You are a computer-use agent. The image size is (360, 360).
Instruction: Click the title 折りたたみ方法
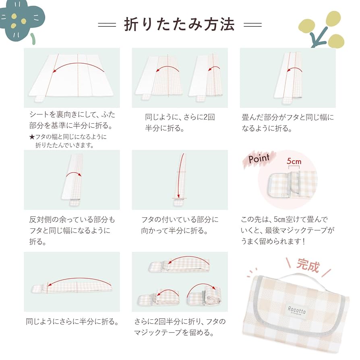click(180, 25)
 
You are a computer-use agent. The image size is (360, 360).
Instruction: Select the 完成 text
click(308, 266)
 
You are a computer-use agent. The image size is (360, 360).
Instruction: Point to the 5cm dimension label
click(294, 161)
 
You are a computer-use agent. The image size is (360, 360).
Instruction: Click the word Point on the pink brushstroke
click(259, 159)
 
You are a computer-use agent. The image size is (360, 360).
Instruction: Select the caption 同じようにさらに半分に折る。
click(72, 322)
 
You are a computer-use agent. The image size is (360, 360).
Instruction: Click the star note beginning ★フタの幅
click(68, 141)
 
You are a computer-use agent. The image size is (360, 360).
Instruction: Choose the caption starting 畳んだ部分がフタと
click(288, 123)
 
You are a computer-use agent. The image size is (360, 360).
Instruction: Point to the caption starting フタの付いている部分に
click(180, 225)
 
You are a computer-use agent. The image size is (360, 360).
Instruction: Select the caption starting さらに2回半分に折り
click(180, 327)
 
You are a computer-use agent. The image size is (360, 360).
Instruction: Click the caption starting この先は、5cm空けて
click(288, 230)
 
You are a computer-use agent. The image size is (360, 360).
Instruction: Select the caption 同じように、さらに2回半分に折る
click(180, 123)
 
